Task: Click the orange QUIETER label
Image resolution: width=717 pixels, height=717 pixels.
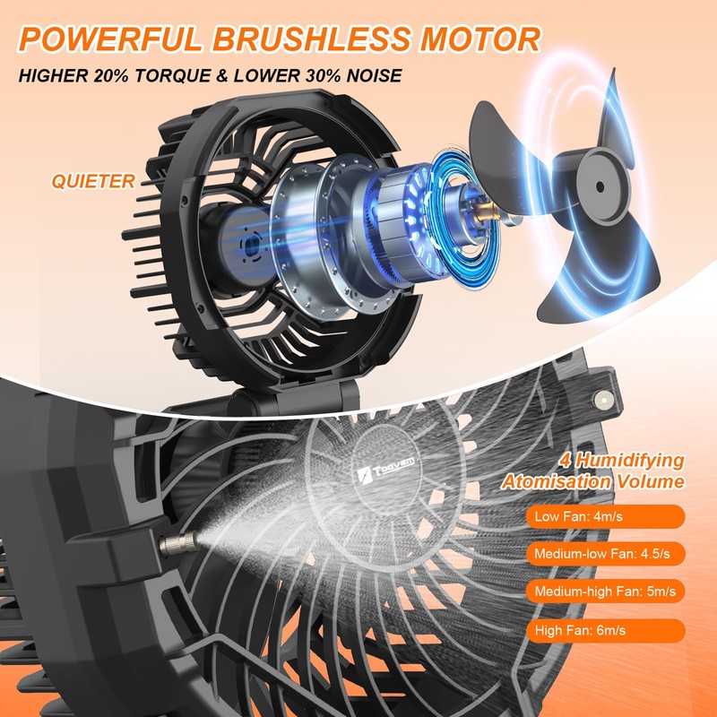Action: [x=93, y=181]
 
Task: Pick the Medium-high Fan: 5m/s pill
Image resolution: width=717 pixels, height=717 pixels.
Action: [x=604, y=591]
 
